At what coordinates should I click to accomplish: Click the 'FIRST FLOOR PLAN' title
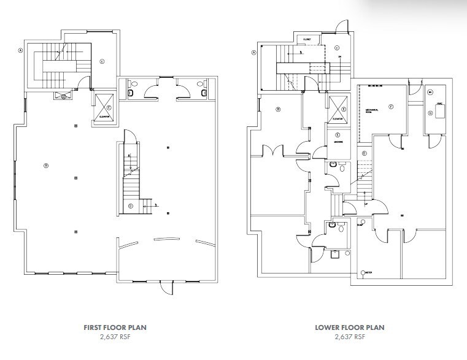(115, 327)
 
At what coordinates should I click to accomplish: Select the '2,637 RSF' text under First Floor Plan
(115, 337)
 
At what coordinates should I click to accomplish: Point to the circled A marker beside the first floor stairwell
(21, 51)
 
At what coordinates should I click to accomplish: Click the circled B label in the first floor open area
(45, 166)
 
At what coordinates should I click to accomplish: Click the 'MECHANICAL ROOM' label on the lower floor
(375, 111)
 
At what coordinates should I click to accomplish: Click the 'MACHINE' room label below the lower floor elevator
(338, 142)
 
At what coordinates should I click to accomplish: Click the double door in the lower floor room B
(271, 149)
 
